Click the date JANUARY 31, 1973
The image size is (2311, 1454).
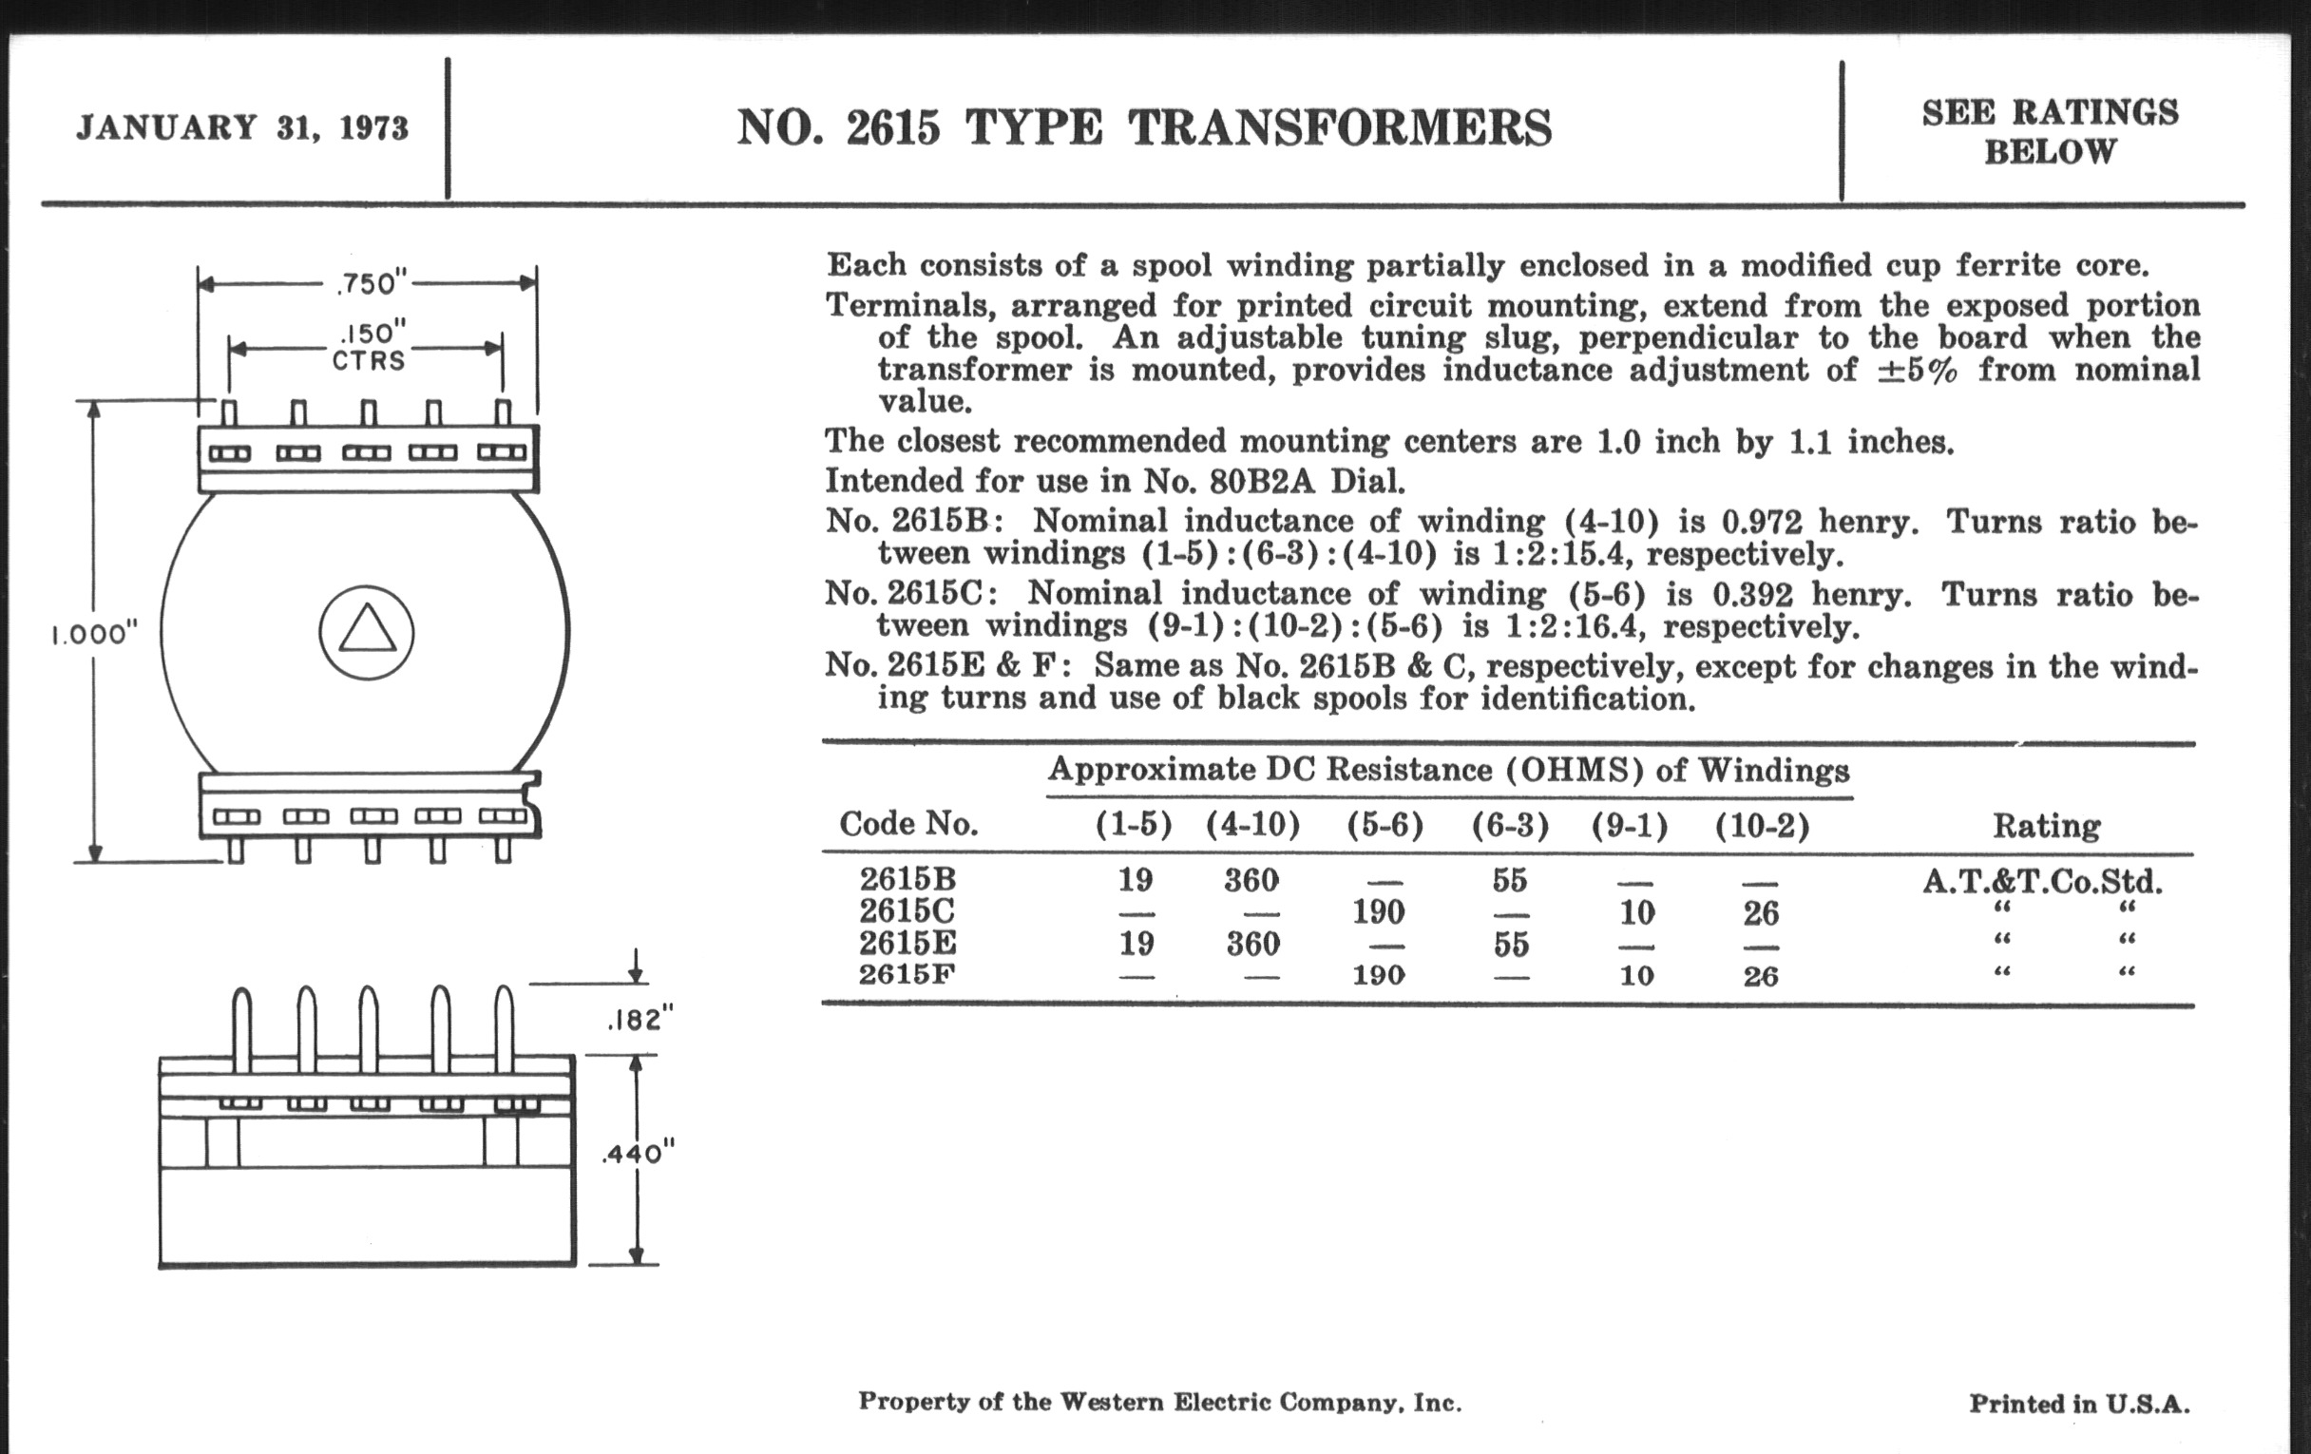242,127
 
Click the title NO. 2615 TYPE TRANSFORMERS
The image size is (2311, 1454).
1144,127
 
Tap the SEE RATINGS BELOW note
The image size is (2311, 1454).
2050,131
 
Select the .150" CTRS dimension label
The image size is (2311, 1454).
370,347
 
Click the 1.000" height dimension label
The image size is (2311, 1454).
94,635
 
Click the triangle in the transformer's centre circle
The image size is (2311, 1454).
367,632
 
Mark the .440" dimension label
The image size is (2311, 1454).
639,1153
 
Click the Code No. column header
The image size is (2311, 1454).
907,823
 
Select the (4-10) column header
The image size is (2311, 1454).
1252,825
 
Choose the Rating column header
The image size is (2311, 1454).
2046,826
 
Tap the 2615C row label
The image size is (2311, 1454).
907,909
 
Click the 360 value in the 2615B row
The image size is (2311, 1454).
1252,880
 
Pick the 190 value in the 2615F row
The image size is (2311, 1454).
1378,975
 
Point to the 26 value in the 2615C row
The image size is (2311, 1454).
1761,912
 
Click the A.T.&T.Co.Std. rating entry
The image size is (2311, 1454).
2042,881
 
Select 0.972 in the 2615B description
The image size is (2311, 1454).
1761,521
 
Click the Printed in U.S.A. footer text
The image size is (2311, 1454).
2080,1404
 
